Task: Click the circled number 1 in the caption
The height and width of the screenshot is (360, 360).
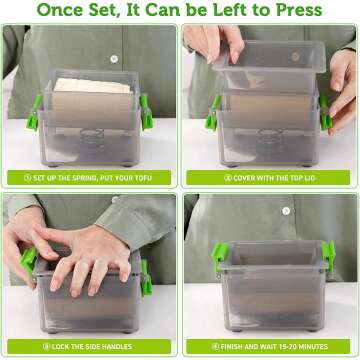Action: pyautogui.click(x=25, y=177)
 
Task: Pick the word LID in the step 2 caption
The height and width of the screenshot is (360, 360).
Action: pyautogui.click(x=318, y=177)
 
